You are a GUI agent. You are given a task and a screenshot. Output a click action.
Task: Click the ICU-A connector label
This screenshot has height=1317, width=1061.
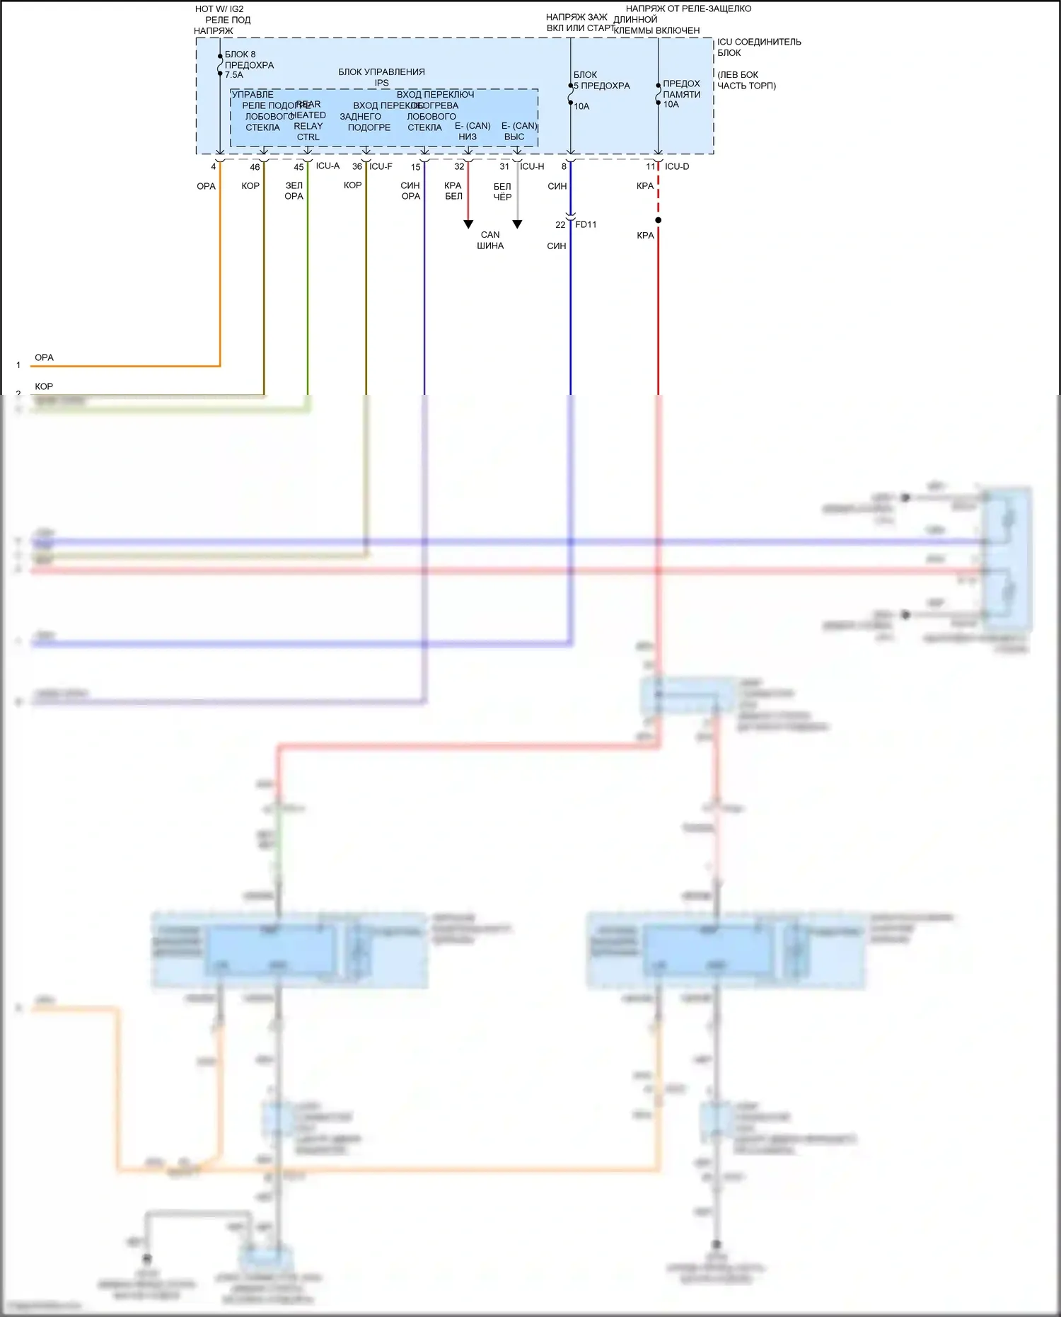coord(327,166)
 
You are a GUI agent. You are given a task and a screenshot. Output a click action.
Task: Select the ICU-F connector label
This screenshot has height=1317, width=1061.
coord(381,167)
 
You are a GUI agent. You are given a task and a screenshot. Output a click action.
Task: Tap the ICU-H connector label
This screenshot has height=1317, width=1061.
coord(532,167)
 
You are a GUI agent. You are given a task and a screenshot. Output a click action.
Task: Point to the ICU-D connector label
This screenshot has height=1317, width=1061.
coord(677,167)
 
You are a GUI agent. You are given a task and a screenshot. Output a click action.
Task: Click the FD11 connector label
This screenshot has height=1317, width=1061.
coord(586,225)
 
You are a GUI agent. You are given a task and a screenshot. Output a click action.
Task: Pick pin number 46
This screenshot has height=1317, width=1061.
coord(255,168)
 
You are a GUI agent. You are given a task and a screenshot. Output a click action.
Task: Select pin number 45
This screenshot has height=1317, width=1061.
coord(298,168)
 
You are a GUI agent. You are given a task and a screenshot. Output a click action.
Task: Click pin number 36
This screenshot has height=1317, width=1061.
coord(357,167)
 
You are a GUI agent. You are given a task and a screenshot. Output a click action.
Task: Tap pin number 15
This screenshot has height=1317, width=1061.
coord(416,168)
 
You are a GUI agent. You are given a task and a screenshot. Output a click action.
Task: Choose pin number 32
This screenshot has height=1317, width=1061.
coord(460,167)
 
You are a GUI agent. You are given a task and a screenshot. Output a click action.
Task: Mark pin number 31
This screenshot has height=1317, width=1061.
coord(504,167)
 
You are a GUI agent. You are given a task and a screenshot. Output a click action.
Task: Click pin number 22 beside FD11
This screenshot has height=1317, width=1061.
coord(560,225)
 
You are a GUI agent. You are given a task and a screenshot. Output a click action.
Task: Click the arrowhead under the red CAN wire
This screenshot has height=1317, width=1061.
coord(468,224)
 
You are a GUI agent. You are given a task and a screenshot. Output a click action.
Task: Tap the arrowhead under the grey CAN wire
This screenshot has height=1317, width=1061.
coord(517,224)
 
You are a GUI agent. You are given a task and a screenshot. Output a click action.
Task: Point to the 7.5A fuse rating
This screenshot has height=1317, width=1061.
coord(234,75)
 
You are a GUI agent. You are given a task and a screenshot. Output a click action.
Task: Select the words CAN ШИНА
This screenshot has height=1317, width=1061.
coord(490,241)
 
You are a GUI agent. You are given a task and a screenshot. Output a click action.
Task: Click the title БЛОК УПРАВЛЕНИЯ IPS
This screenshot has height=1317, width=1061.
coord(381,77)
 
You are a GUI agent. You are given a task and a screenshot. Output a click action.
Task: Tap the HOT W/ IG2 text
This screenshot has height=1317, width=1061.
coord(219,9)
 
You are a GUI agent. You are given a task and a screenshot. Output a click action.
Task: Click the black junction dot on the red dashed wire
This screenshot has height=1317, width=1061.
coord(659,220)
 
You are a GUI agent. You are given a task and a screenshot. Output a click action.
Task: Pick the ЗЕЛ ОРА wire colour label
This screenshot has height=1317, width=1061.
coord(294,191)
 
